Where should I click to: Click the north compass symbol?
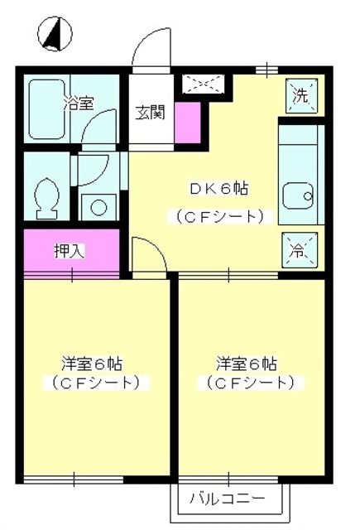pyautogui.click(x=54, y=35)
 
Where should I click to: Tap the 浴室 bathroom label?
pyautogui.click(x=79, y=104)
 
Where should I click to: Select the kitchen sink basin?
pyautogui.click(x=299, y=197)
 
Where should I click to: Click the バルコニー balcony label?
pyautogui.click(x=227, y=499)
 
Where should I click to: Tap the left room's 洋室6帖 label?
pyautogui.click(x=93, y=364)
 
